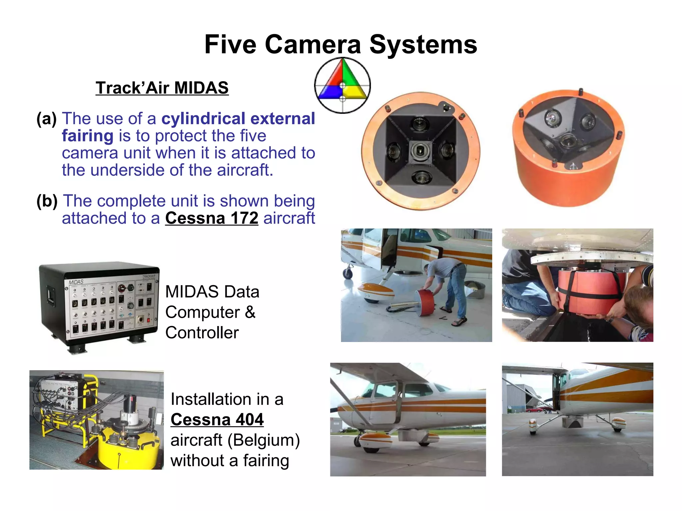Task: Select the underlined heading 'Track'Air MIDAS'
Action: (x=162, y=88)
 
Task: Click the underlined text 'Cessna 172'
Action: (x=211, y=218)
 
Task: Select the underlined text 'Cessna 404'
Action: (x=217, y=420)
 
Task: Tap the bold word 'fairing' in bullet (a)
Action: (x=88, y=136)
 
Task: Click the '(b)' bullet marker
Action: (x=47, y=201)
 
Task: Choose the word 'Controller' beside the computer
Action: (x=202, y=333)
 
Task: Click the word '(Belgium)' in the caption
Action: (x=263, y=440)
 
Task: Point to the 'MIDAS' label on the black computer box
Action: (x=76, y=282)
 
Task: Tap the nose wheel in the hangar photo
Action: (x=348, y=273)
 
